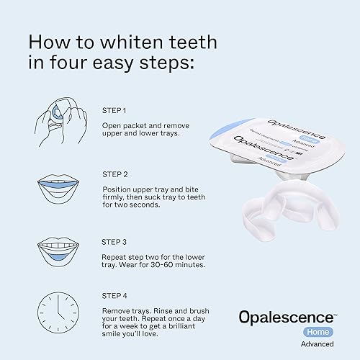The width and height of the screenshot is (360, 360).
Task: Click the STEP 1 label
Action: [114, 110]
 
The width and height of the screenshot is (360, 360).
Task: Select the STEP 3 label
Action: [115, 241]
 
